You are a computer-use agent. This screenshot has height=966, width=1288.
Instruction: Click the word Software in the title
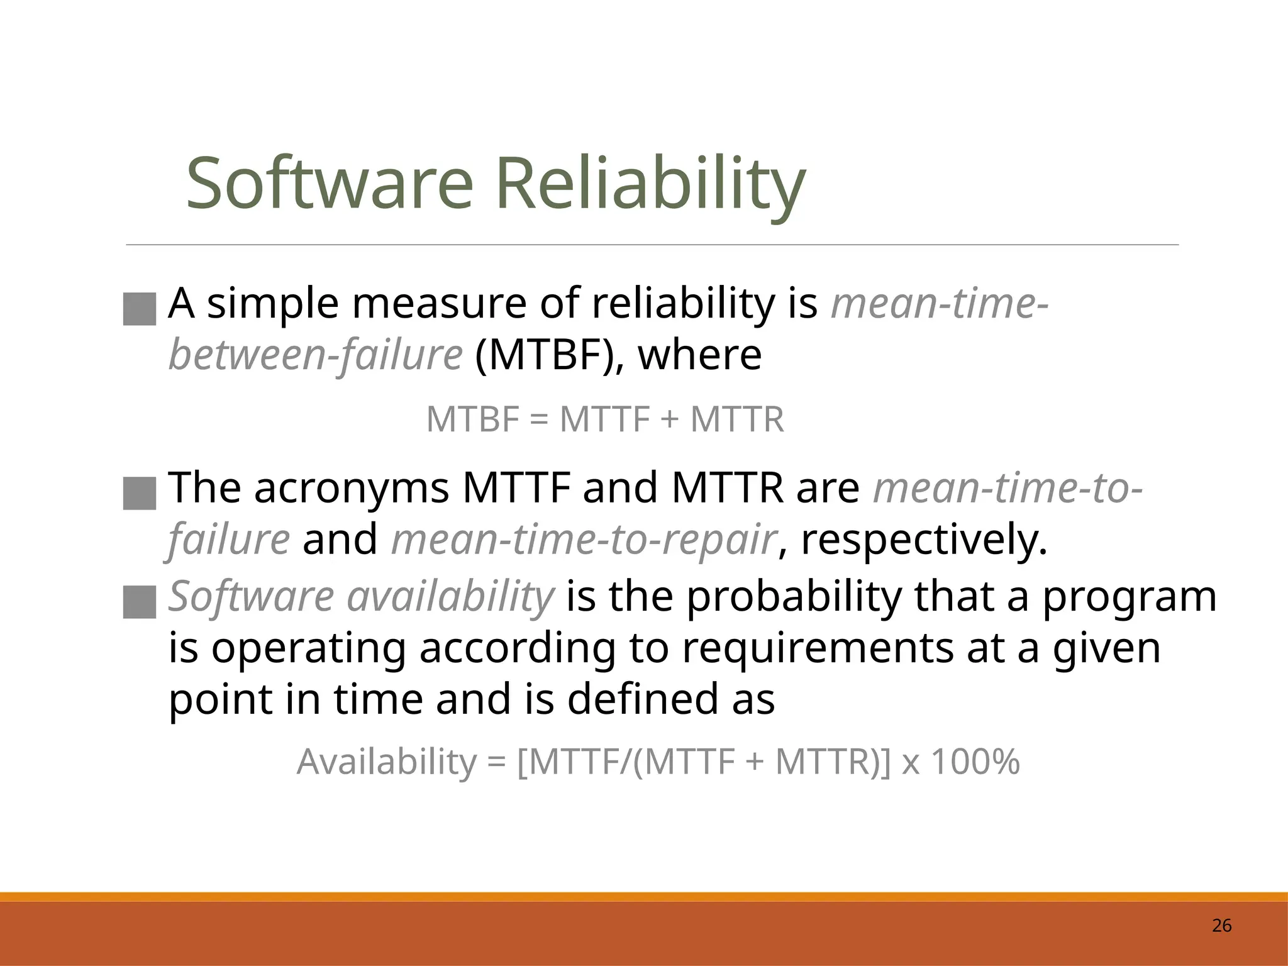point(329,184)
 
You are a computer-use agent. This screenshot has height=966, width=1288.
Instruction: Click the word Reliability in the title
point(650,184)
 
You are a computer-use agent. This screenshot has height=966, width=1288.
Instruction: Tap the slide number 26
point(1221,926)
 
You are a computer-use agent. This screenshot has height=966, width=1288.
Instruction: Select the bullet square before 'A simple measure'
point(140,309)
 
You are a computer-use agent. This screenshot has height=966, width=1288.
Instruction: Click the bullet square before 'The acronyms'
point(140,493)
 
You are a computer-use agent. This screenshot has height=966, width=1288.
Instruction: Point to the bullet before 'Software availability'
point(140,602)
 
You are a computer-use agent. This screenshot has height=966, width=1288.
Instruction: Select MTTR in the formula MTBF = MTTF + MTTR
point(737,419)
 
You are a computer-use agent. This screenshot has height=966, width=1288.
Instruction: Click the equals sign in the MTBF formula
point(539,419)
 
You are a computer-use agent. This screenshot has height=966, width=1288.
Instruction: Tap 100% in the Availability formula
point(975,762)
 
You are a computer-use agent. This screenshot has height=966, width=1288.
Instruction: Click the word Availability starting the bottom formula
point(386,762)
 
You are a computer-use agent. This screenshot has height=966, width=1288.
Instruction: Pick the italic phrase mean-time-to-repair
point(584,540)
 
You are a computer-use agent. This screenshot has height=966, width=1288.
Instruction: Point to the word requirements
point(818,648)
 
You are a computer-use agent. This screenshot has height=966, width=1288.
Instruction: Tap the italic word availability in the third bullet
point(450,596)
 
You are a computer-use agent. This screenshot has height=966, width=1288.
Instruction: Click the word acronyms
point(352,488)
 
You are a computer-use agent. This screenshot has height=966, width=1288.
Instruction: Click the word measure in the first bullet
point(440,304)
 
